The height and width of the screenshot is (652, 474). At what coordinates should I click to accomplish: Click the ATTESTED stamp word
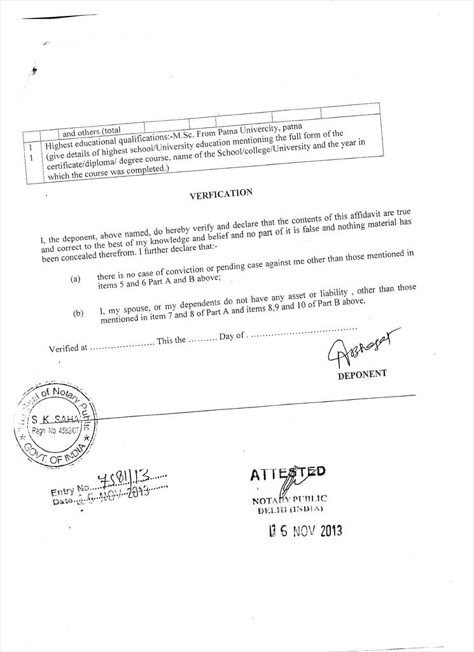tap(288, 473)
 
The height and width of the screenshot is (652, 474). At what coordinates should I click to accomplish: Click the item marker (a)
tap(76, 280)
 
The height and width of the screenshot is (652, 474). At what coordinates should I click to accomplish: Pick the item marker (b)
tap(78, 314)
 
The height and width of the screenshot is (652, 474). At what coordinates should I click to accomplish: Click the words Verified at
tap(67, 348)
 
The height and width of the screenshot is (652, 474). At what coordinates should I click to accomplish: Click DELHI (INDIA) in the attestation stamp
tap(290, 510)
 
